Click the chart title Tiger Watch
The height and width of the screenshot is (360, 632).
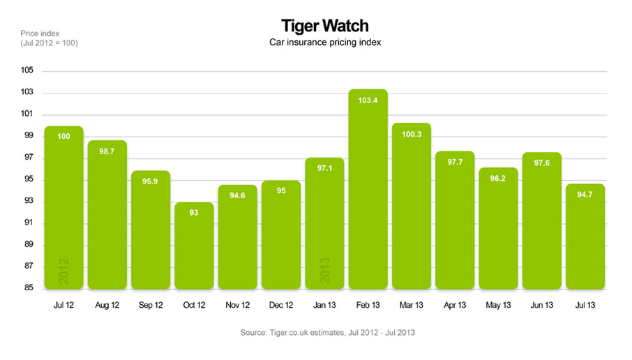point(324,26)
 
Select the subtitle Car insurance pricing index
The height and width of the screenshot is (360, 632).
point(324,43)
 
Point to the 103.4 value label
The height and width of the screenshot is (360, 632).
point(368,100)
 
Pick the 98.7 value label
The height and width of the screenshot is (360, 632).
point(107,151)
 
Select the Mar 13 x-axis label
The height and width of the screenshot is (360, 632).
point(411,306)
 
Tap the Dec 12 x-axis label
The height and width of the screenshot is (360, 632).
point(280,306)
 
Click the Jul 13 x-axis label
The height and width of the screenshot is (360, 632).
point(585,306)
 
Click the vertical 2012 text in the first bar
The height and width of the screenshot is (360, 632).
point(63,271)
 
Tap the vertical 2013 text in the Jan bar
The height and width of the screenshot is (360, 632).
point(325,271)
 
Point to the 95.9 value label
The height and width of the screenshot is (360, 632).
point(150,182)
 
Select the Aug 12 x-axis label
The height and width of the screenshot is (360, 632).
point(107,306)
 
